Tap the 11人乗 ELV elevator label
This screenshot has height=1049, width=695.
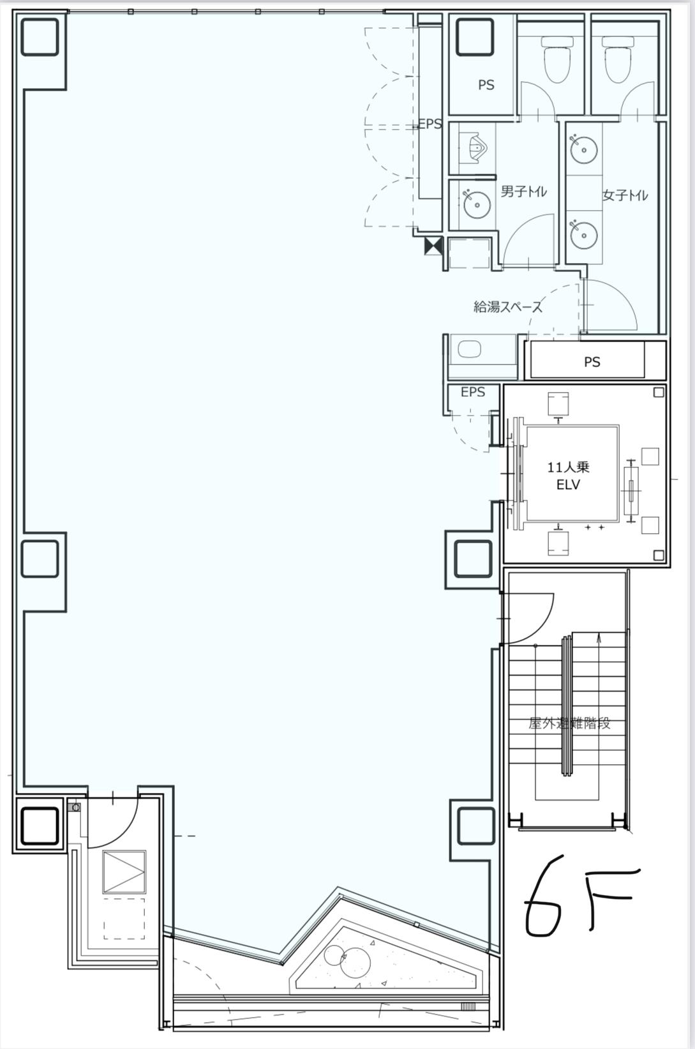(x=568, y=475)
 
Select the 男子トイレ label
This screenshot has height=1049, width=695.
(x=524, y=191)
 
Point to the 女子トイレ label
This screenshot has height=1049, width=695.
(x=625, y=195)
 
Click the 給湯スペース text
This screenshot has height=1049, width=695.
(x=508, y=306)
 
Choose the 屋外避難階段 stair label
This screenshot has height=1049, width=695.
(x=569, y=723)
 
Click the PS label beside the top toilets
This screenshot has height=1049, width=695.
(x=486, y=85)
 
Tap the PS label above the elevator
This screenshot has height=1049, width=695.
(x=592, y=362)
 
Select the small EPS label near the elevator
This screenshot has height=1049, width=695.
(x=473, y=392)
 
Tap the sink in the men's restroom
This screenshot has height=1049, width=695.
(x=477, y=204)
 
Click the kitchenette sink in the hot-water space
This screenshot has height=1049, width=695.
(x=470, y=349)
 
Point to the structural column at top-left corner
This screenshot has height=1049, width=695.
(x=40, y=37)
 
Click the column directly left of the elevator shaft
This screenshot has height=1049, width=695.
(x=474, y=559)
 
